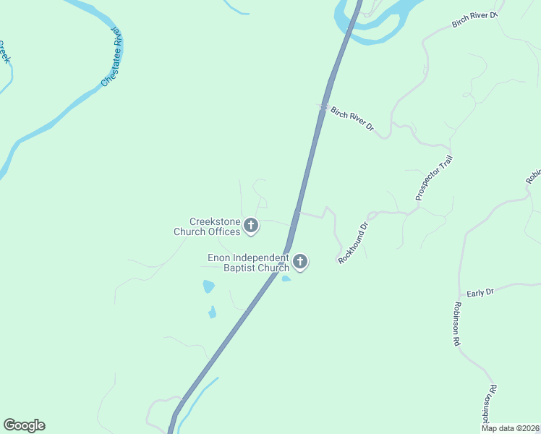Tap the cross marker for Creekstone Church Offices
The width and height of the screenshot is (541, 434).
(251, 226)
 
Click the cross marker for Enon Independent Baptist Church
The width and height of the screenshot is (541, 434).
(299, 262)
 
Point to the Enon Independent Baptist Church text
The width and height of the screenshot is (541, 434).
(248, 263)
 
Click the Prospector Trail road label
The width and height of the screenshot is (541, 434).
(433, 178)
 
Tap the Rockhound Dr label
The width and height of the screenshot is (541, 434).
(354, 242)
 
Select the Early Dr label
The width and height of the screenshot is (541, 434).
(480, 292)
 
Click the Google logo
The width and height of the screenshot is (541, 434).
(24, 425)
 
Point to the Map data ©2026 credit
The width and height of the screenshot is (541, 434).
(510, 428)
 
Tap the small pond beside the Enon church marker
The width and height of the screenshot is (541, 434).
(286, 278)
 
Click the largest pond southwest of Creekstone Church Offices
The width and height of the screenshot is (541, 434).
(208, 286)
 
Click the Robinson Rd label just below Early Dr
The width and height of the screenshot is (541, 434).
(457, 324)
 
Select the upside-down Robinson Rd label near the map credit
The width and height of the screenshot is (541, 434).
(487, 408)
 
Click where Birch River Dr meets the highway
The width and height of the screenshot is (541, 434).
(323, 107)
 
